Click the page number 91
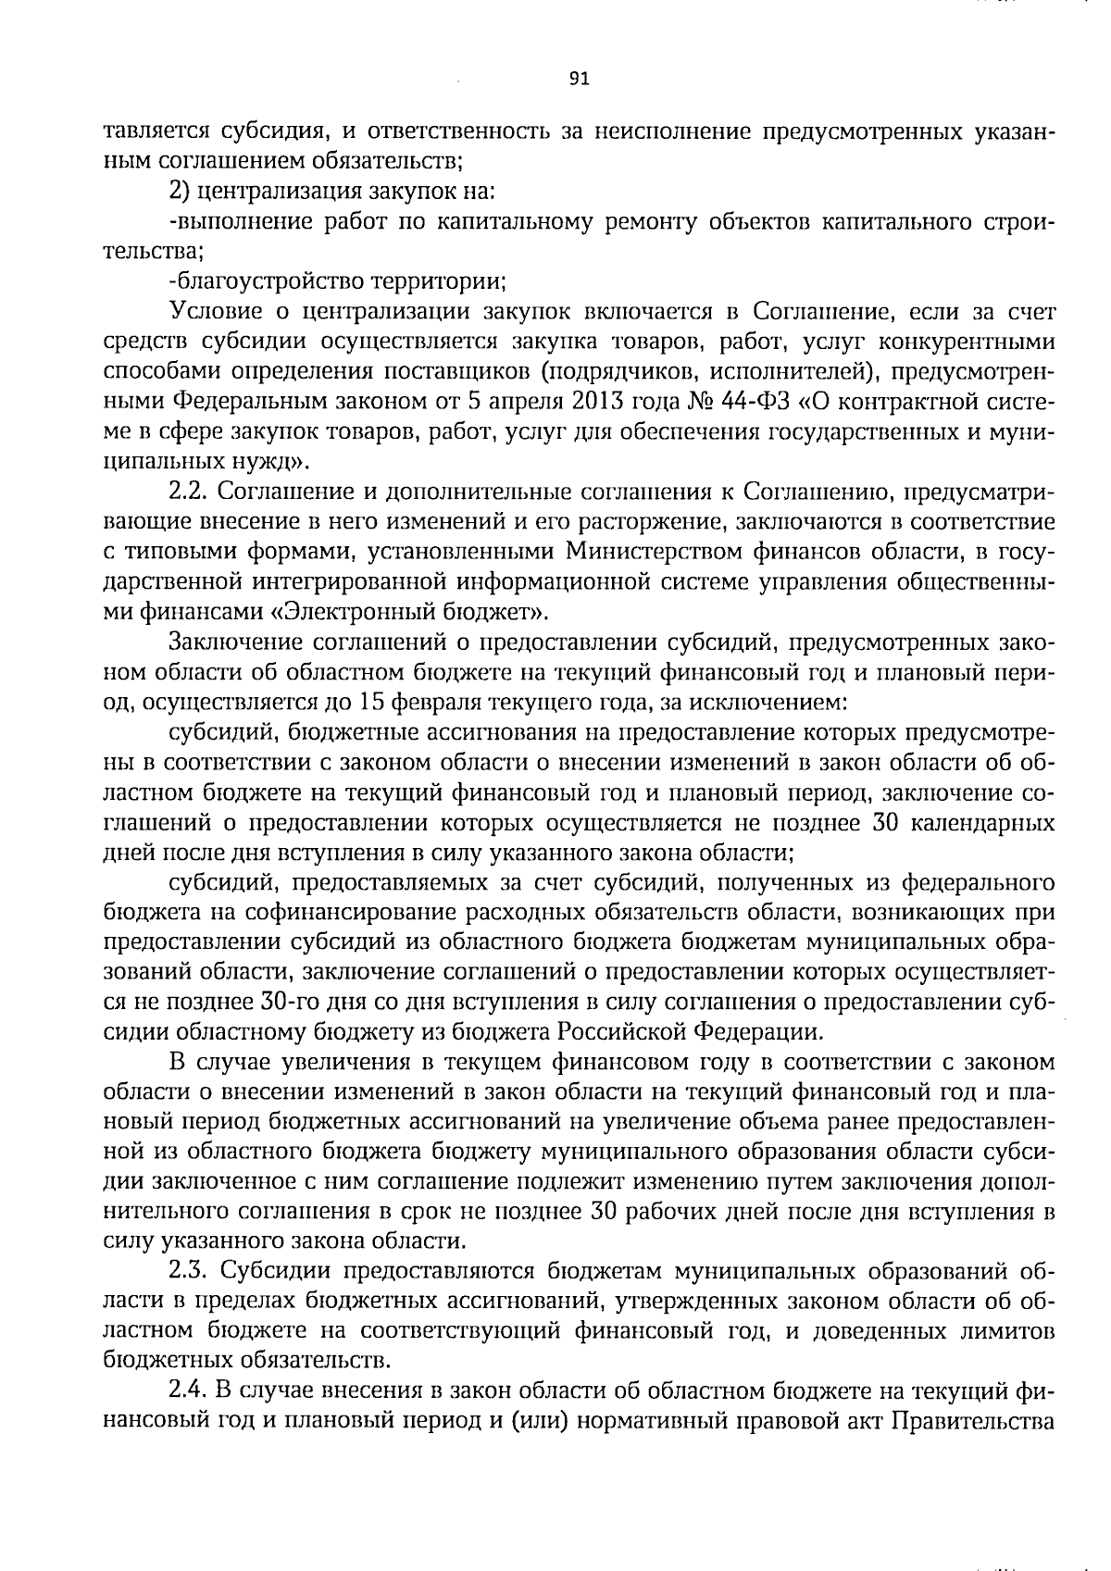(x=580, y=79)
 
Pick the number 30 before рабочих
(x=605, y=1211)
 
